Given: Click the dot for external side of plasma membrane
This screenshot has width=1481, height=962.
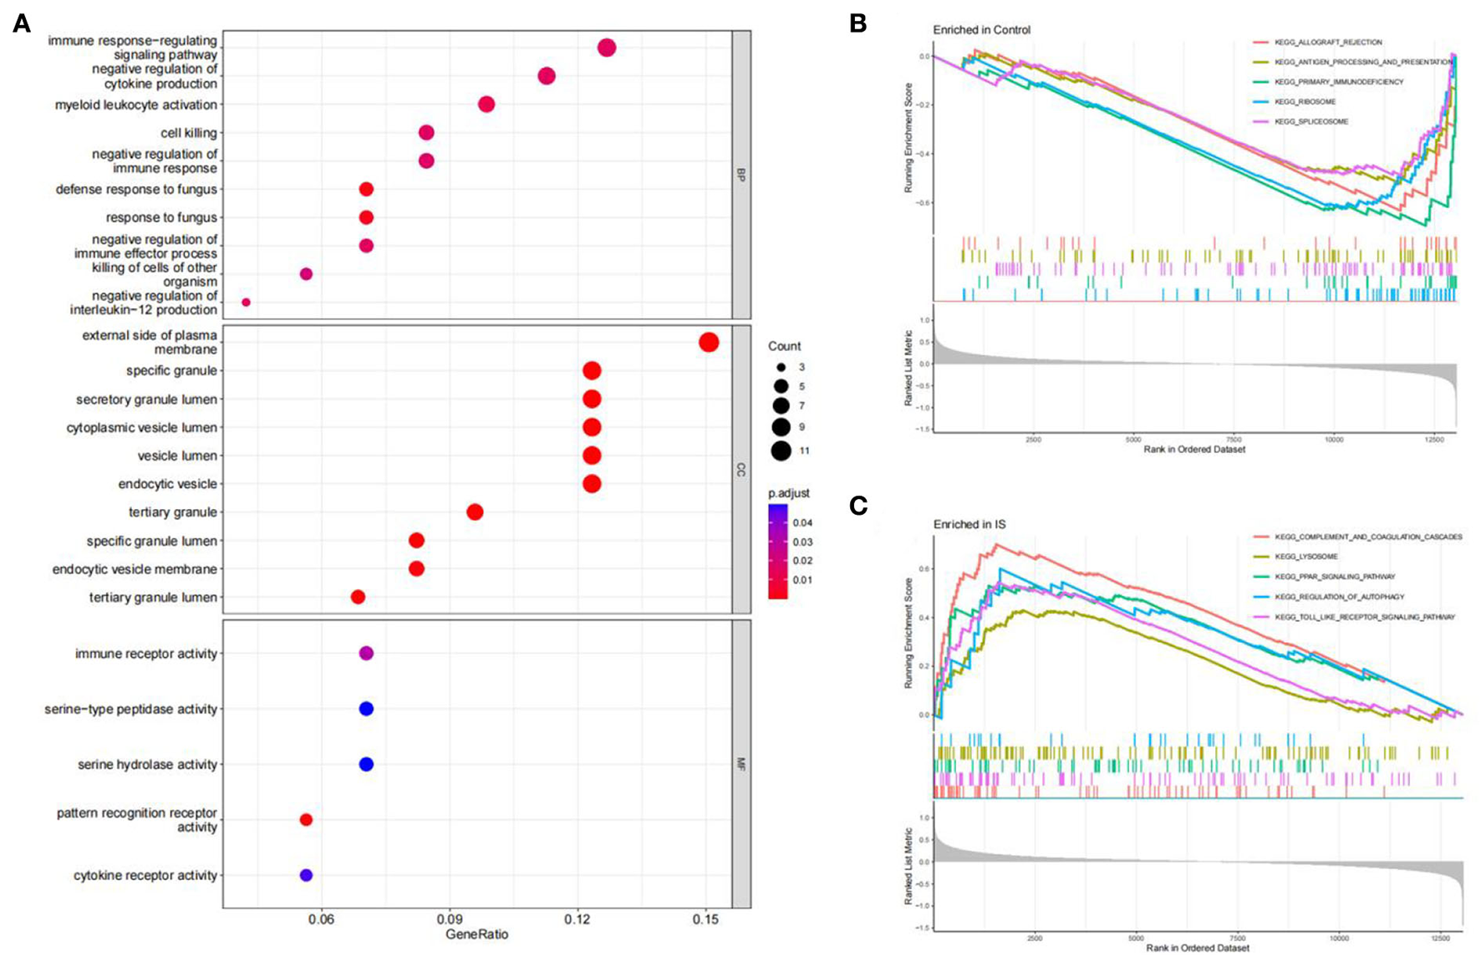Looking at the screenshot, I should coord(708,342).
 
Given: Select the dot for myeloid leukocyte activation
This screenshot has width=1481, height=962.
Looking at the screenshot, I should coord(486,104).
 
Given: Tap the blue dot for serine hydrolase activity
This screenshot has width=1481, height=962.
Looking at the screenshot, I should coord(366,764).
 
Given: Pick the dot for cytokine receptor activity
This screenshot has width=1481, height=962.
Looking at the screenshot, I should coord(306,875).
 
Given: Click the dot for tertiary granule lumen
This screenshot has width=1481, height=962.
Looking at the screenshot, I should coord(358,597).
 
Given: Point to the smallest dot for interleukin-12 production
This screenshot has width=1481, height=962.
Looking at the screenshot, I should coord(246,303).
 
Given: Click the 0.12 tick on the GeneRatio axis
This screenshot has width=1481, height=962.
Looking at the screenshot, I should coord(578,919).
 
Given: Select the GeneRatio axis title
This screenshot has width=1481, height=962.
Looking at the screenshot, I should coord(476,934).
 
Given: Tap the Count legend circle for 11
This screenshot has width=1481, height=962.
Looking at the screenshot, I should coord(781,451).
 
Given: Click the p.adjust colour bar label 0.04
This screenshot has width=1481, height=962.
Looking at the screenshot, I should coord(802,522).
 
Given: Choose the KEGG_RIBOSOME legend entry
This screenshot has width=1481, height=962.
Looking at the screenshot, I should coord(1305,102).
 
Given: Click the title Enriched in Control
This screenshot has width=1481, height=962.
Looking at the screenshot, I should coord(981,30).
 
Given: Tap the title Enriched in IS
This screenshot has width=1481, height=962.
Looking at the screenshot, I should coord(969,524).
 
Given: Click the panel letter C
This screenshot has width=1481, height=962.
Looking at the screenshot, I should coord(858,506).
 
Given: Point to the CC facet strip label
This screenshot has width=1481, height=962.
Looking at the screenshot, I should coord(740,470).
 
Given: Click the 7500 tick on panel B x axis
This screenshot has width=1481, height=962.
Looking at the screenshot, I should coord(1234,439).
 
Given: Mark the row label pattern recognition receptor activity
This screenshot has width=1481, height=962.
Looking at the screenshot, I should coord(136,820).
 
